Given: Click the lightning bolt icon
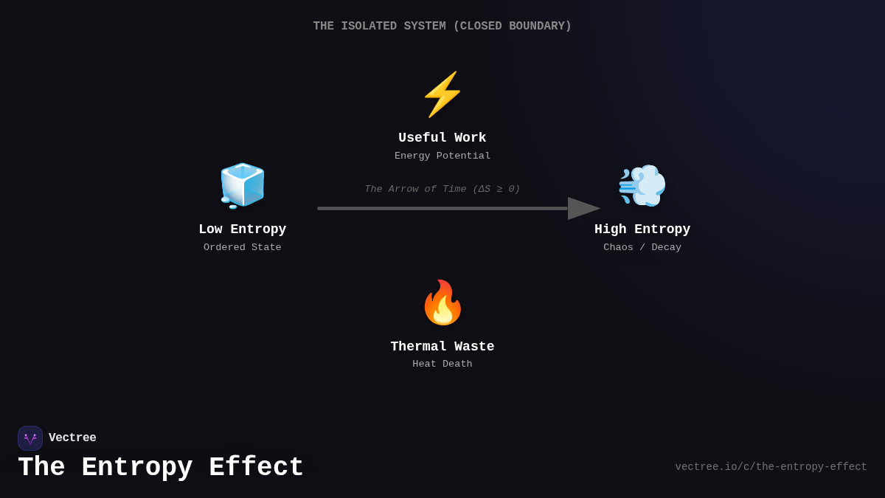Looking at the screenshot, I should pos(442,94).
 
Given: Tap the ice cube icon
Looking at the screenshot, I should pos(243,185).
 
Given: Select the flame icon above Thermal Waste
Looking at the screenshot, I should pos(442,302).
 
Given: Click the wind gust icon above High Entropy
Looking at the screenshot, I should pos(642,185).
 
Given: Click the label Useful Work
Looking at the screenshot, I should pos(442,138).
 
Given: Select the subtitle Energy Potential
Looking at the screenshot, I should pos(442,156).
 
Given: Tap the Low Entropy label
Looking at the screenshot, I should pos(243,229).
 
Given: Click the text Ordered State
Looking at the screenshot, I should pos(243,248).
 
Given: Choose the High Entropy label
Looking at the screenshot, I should pos(642,229).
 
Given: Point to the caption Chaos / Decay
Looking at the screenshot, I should pos(642,248).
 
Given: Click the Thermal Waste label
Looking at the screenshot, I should pos(442,347).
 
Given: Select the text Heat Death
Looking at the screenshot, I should pos(442,364).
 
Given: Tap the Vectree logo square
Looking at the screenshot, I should pos(30,438).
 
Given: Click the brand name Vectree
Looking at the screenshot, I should pos(72,438).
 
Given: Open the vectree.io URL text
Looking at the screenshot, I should pos(771,467).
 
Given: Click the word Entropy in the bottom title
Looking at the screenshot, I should pos(137,468).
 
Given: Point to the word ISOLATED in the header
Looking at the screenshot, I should pos(369,27).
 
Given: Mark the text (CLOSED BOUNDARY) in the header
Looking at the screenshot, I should pos(513,27).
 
